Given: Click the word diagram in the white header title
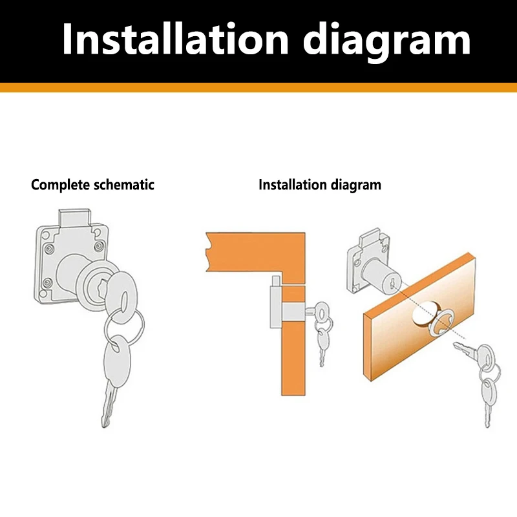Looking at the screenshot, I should point(386,40).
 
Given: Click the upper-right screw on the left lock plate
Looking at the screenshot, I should point(98,246).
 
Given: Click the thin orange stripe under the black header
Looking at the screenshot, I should point(258,88).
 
